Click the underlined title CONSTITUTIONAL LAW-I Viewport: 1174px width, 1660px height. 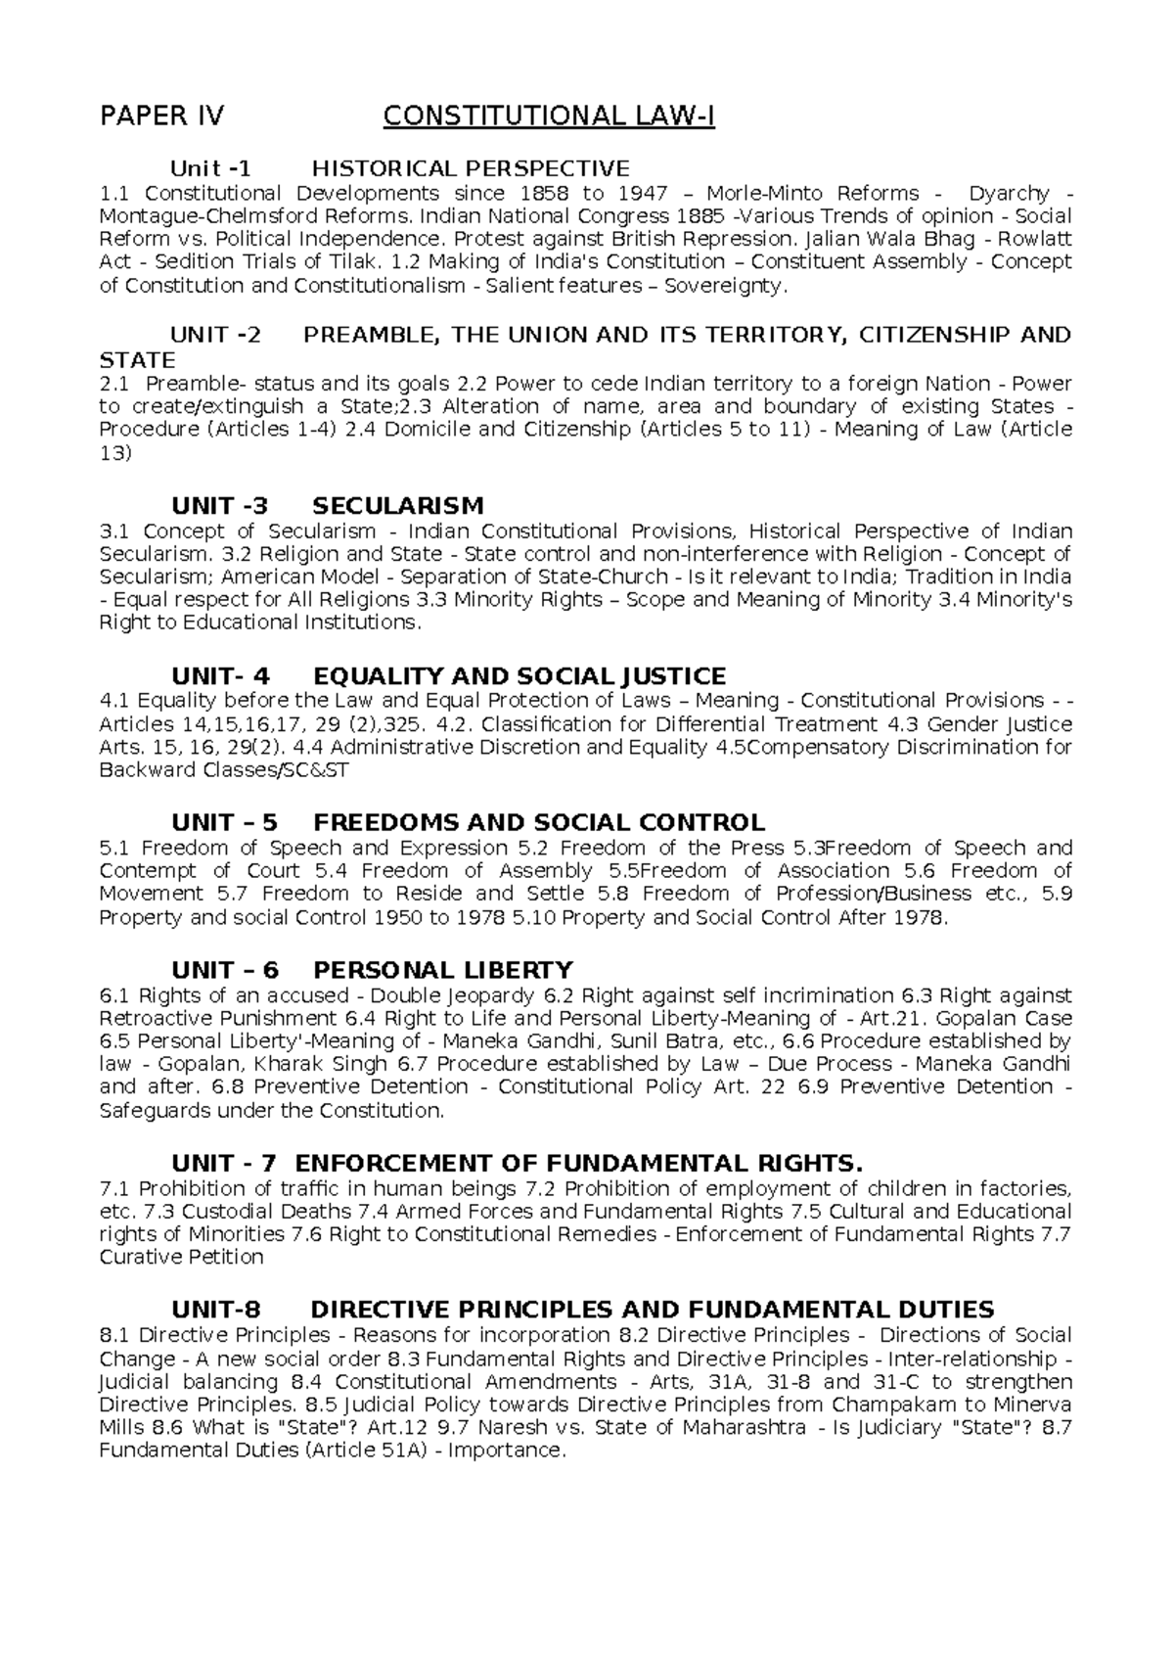[549, 117]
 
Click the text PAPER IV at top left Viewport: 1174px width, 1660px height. [161, 117]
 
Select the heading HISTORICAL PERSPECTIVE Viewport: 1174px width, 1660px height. [471, 168]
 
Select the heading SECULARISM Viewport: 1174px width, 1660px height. [397, 506]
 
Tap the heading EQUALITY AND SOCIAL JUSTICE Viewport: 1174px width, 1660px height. [519, 676]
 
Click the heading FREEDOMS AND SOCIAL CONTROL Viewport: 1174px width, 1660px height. [538, 822]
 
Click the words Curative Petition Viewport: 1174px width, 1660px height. [182, 1257]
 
